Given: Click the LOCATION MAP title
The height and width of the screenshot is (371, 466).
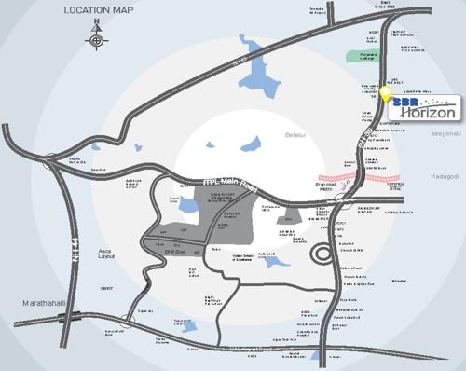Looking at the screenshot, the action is tap(100, 10).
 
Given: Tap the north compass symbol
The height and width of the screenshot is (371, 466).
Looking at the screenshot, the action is tap(96, 40).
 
